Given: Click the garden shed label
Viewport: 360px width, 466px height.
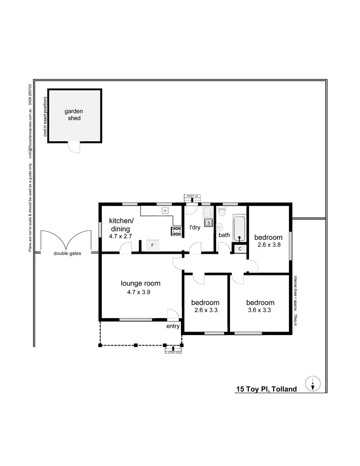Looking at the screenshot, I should (73, 114).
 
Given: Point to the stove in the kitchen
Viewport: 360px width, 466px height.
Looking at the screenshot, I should (177, 231).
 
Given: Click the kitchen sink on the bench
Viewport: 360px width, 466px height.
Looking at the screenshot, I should (165, 210).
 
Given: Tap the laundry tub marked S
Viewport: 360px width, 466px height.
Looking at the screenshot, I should (209, 222).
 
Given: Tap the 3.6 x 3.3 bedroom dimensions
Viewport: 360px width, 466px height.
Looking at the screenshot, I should (260, 311).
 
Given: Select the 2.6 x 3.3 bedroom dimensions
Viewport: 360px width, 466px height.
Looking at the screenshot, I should (205, 311).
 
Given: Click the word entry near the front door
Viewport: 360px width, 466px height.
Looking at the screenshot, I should (173, 326).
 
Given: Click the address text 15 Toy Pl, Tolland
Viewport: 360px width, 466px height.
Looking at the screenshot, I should (266, 389).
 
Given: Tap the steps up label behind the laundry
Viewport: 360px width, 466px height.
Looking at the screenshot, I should (192, 196).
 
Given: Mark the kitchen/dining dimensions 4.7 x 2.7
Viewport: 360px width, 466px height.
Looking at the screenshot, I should (120, 237).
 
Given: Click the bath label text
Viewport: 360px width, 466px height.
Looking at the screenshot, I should (224, 235).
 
